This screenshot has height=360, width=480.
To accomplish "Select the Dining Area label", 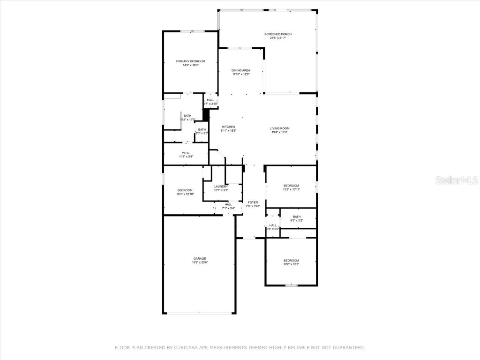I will [x=240, y=70].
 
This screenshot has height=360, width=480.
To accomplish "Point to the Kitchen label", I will [x=228, y=127].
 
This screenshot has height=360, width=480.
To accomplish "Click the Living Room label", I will [x=279, y=128].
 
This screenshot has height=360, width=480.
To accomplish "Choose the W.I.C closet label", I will [x=186, y=153].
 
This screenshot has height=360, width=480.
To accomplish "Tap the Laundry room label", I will [x=221, y=187].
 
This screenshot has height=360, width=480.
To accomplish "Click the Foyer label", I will [x=253, y=202].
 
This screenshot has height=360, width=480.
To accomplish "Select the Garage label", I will [x=200, y=258].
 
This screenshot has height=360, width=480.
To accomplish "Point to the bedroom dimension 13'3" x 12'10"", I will [x=185, y=194].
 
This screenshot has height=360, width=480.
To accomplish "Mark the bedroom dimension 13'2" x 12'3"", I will [x=291, y=264].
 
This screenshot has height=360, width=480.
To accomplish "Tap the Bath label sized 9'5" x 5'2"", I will [x=297, y=220].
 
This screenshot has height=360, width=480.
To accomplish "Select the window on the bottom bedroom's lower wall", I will [x=292, y=285].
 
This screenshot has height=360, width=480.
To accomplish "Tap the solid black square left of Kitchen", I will [x=205, y=115].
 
